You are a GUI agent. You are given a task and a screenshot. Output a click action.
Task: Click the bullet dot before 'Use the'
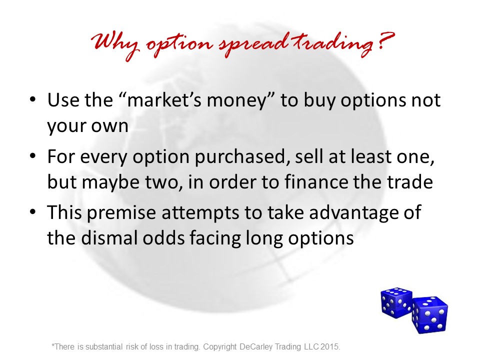point(33,99)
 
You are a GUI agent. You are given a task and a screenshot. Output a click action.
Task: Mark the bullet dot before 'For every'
point(33,156)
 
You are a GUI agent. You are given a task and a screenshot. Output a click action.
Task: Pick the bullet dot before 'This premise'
point(33,212)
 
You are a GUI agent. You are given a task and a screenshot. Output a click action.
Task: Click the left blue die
point(396,303)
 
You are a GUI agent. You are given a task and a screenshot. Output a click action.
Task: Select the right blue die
point(430,315)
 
